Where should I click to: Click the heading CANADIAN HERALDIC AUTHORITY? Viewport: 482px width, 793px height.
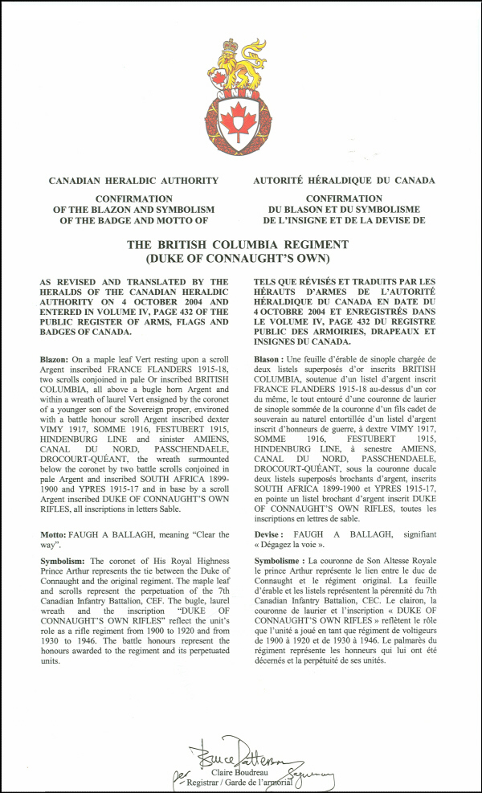pyautogui.click(x=133, y=181)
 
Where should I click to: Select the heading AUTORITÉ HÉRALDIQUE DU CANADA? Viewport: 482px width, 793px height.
pyautogui.click(x=344, y=181)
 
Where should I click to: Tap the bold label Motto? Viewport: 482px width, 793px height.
pyautogui.click(x=55, y=534)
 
